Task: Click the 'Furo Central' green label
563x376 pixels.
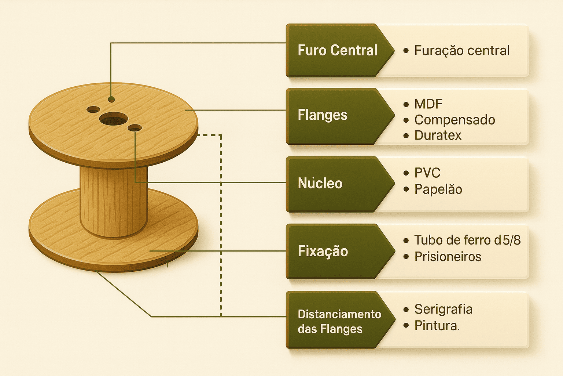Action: [337, 50]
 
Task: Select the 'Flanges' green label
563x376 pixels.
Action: [323, 115]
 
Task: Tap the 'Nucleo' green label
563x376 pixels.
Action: [320, 183]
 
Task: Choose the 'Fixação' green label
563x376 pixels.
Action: [323, 252]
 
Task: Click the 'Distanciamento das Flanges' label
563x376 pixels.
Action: [339, 321]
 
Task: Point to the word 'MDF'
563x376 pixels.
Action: [428, 104]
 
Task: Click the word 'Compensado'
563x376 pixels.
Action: [455, 120]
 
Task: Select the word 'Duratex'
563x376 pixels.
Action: [438, 135]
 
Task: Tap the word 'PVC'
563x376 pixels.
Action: [427, 173]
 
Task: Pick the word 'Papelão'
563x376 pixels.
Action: [438, 189]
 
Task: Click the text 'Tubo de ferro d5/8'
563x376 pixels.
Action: [467, 240]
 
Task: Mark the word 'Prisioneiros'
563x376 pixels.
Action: [448, 257]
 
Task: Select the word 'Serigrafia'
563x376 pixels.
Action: [443, 309]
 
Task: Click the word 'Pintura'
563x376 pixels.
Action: [436, 326]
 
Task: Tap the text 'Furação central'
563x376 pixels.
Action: [462, 51]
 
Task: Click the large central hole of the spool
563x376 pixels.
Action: [113, 119]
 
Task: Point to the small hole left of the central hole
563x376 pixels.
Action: [93, 109]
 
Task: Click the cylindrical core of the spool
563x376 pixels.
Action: [114, 202]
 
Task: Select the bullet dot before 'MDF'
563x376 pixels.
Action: [406, 104]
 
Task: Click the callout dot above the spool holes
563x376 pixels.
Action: [111, 99]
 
